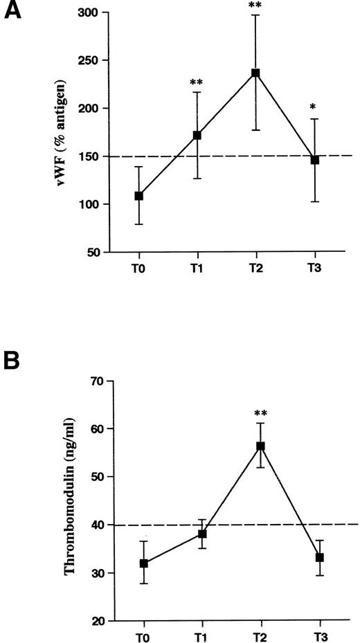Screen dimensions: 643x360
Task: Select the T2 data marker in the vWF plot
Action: pyautogui.click(x=255, y=73)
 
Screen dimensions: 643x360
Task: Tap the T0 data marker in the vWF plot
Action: pyautogui.click(x=139, y=196)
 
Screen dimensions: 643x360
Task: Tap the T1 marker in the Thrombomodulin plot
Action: pyautogui.click(x=202, y=534)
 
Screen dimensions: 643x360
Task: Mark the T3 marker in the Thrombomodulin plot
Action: pyautogui.click(x=320, y=557)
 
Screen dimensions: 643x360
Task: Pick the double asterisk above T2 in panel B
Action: pyautogui.click(x=261, y=414)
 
